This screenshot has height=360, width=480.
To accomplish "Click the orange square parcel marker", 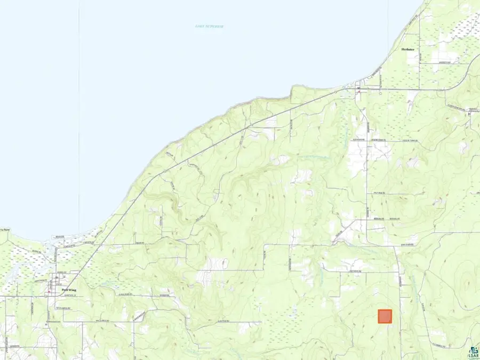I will (385, 316).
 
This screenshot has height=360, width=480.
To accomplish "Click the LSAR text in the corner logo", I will (473, 356).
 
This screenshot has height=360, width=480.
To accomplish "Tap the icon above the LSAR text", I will (473, 347).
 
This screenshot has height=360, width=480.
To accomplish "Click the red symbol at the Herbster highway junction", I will (358, 91).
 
